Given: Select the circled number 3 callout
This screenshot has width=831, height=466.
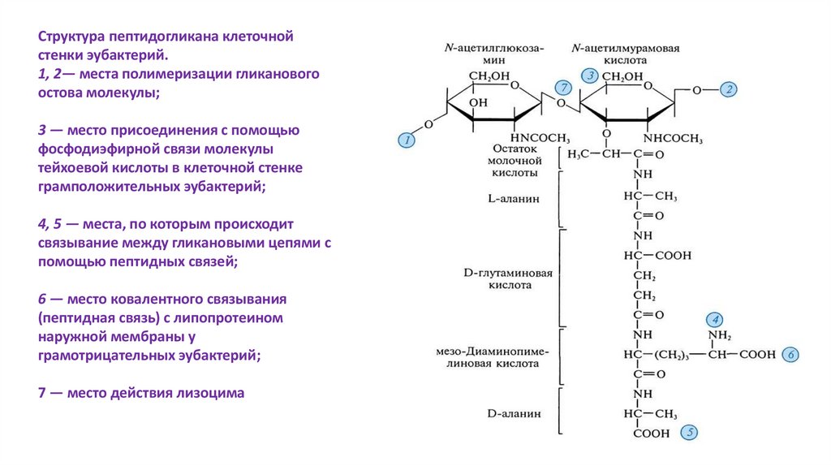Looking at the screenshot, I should [x=591, y=76].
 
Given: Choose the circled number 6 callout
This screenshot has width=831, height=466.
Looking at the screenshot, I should [x=792, y=354].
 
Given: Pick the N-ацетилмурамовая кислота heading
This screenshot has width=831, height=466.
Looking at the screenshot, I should [x=625, y=54].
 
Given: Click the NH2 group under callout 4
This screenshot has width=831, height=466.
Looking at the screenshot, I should [x=719, y=336].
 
